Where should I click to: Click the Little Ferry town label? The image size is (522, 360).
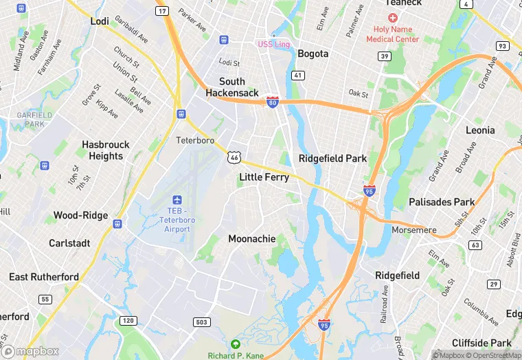264,177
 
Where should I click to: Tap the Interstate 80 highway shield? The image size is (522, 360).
273,102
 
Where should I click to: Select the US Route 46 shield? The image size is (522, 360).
234,159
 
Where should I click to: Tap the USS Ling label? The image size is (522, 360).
273,45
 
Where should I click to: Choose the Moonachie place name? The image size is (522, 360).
251,239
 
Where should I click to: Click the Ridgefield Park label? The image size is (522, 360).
332,159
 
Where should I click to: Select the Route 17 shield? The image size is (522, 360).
162,12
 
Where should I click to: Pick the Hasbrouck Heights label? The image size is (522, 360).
102,150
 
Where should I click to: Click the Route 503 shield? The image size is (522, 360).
201,322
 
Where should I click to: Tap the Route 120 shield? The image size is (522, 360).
128,321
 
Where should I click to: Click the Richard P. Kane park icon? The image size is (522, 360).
236,344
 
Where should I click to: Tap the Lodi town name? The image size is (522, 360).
100,21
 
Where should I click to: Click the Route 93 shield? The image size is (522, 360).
502,46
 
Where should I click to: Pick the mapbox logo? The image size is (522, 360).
31,351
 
